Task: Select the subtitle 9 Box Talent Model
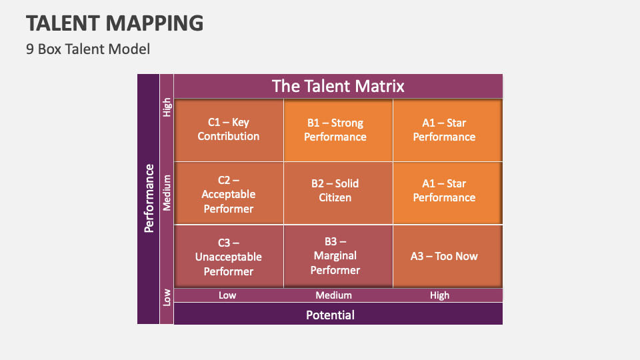(88, 49)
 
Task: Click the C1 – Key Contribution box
(229, 130)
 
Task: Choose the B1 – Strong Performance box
(335, 130)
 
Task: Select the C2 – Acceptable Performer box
(229, 194)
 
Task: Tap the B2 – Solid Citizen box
(335, 191)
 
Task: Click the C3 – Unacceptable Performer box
(229, 257)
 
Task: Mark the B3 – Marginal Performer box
(335, 256)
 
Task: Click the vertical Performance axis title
(149, 198)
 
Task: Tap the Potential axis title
(330, 315)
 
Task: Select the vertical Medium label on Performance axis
(167, 193)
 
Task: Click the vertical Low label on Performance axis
(167, 297)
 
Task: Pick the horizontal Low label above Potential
(227, 295)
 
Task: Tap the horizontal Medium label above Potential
(333, 295)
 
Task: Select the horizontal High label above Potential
(439, 295)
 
